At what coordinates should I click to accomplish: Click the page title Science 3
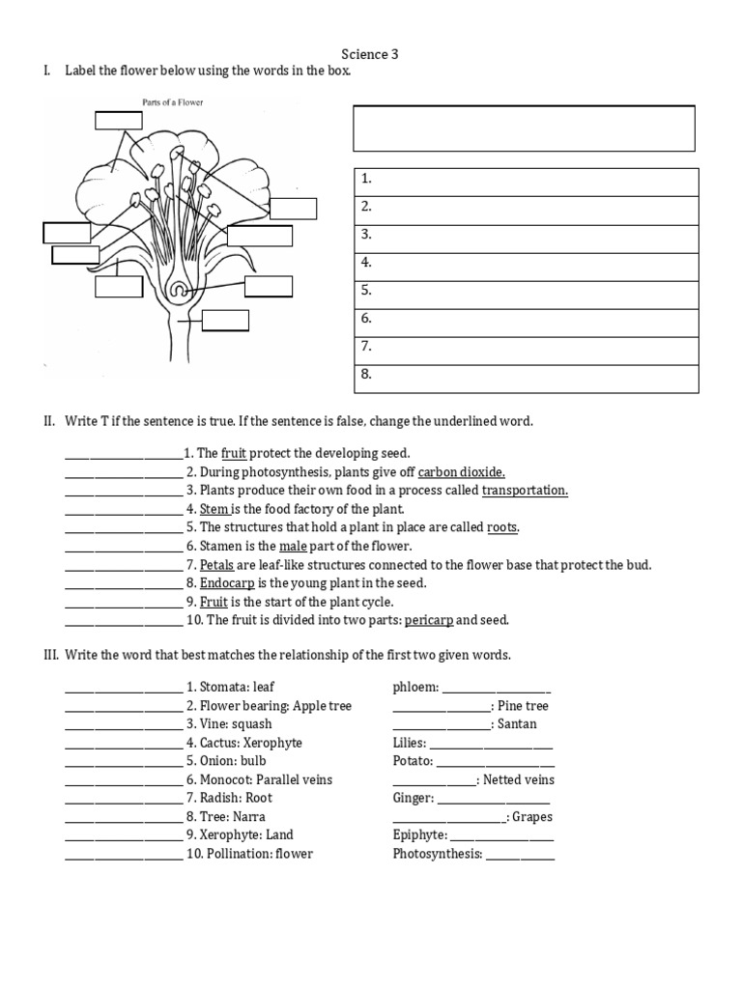370,55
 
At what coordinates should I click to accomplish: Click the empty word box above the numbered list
524,128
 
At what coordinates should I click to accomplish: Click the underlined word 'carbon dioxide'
461,472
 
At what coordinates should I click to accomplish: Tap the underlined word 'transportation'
525,491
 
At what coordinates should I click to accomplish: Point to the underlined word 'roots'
501,527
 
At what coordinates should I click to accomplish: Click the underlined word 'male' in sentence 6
293,547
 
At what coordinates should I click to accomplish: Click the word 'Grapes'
532,817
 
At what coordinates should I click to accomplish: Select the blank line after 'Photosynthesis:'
520,856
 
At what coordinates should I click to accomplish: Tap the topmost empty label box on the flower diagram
118,120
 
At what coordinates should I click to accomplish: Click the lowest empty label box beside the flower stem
225,321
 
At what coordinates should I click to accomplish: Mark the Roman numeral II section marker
48,422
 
